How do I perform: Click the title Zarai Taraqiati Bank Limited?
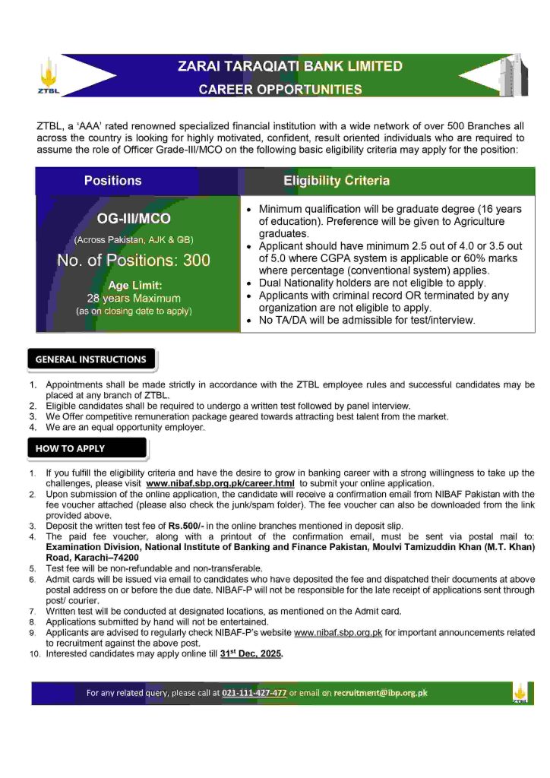[289, 67]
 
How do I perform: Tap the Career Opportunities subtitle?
[280, 90]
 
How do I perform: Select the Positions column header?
[112, 181]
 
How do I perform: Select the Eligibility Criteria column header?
[337, 181]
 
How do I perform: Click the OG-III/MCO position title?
[134, 219]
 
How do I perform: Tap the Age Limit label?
[134, 285]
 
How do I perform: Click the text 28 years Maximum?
[134, 298]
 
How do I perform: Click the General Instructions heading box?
[91, 359]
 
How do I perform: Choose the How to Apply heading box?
[71, 448]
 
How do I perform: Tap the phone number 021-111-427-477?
[254, 693]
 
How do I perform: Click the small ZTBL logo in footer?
[520, 694]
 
